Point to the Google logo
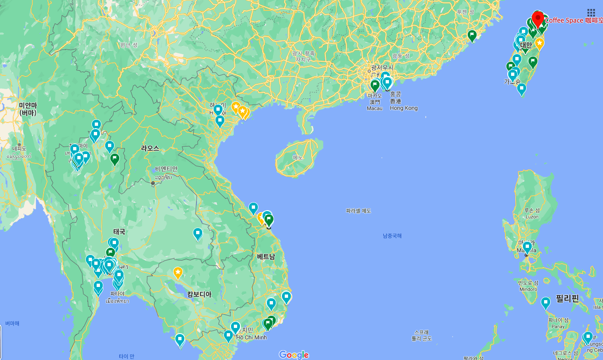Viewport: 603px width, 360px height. pos(293,355)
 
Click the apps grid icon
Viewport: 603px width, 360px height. pos(591,13)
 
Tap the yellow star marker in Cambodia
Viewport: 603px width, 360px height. pos(178,272)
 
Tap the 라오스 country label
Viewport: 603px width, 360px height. pos(150,148)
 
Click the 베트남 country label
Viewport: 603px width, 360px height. pos(266,256)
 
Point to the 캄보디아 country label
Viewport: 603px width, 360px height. pos(199,294)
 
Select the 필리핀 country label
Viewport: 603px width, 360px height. pos(567,298)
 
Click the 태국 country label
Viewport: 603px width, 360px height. pos(119,231)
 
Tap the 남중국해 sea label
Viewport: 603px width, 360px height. pos(392,236)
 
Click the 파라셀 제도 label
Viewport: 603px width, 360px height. pos(358,211)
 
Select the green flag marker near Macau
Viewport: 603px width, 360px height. pos(375,85)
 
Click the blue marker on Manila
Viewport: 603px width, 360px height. pos(527,246)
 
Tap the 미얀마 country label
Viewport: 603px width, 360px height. pos(28,109)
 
